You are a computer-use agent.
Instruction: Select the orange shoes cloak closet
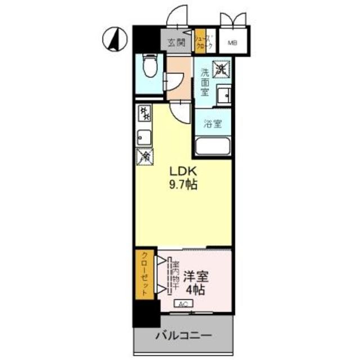pos(202,43)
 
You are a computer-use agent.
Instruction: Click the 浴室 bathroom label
pos(212,124)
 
